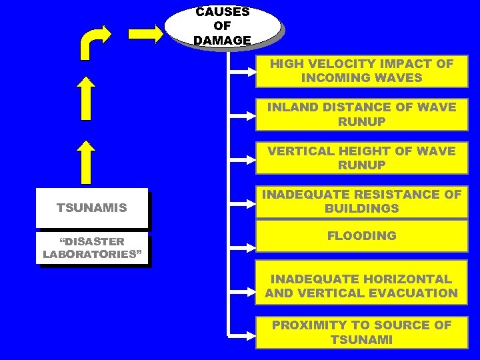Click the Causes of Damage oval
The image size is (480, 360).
(x=222, y=26)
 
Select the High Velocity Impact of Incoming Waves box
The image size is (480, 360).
(x=361, y=71)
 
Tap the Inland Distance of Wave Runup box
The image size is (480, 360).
(x=361, y=115)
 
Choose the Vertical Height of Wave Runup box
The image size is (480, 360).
(x=361, y=158)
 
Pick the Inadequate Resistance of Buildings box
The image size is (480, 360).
(x=361, y=201)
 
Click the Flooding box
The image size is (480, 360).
(x=361, y=236)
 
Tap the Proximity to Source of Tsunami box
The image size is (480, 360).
(x=361, y=332)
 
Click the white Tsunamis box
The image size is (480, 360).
(x=91, y=208)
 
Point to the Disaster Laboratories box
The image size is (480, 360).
(x=91, y=248)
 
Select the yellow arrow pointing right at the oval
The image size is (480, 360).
(x=146, y=34)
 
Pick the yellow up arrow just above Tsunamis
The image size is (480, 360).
(x=85, y=161)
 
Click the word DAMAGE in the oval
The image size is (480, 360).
(x=222, y=40)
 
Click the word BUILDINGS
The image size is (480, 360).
(x=361, y=209)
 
